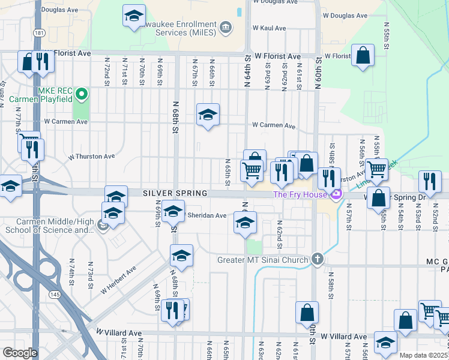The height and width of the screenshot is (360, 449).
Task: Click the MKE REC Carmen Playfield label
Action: click(55, 94)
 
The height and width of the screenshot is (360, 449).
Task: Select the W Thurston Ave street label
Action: click(91, 157)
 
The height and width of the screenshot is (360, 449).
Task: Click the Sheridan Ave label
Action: click(207, 215)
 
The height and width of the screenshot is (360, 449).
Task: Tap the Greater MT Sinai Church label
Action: click(263, 260)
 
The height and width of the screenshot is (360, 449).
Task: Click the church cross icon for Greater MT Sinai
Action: click(318, 260)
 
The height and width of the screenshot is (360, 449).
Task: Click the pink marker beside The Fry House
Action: click(336, 194)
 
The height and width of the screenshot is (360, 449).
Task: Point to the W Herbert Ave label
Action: click(118, 280)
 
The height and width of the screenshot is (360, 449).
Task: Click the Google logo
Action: click(20, 353)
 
